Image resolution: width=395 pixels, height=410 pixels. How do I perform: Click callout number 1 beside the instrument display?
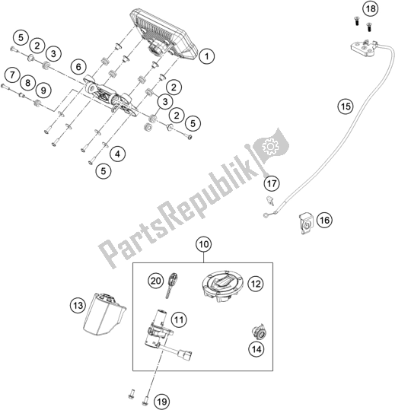coord(207,55)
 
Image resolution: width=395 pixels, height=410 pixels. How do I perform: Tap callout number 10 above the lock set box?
coord(203,245)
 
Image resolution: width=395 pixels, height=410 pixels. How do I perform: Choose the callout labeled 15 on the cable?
coord(346,108)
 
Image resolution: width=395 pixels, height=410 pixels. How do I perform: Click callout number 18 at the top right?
coord(369,9)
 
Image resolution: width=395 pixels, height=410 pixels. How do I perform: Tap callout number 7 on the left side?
coord(13,74)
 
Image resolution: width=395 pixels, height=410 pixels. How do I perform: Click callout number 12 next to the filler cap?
coord(256,283)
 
